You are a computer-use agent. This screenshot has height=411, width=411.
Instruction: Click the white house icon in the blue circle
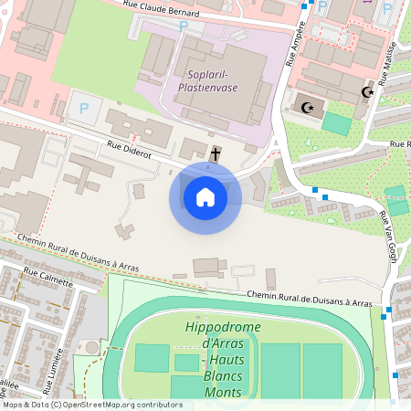(x=205, y=196)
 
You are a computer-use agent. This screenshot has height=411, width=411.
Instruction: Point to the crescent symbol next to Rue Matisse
(x=368, y=92)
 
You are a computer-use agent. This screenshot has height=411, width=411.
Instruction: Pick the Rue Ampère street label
(x=294, y=49)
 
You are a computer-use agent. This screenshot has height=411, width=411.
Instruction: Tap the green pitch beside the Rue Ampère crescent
(x=336, y=124)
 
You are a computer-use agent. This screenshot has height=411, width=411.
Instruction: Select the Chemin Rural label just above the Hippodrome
(x=309, y=298)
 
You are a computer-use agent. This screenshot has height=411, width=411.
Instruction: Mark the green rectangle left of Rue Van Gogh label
(x=396, y=200)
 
